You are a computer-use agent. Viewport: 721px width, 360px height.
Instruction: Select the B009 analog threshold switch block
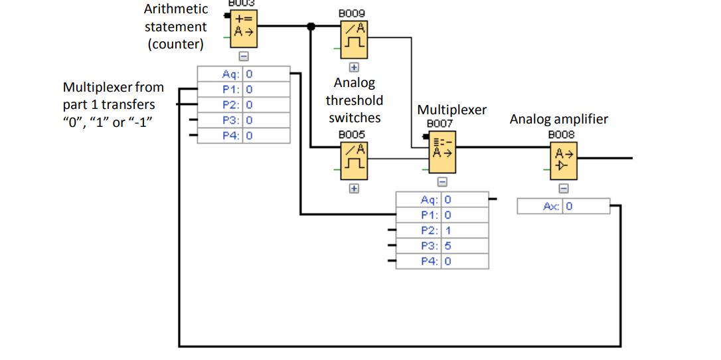354,39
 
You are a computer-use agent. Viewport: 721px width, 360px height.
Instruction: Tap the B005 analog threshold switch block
354,160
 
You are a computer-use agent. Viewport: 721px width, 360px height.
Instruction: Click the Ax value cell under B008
586,207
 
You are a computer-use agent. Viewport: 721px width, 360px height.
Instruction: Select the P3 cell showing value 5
464,246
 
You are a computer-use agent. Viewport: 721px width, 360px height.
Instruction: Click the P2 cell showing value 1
464,230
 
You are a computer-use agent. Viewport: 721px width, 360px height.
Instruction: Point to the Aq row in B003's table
243,74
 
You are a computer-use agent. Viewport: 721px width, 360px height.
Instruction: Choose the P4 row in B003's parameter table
243,135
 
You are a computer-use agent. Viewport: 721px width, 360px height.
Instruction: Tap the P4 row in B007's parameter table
442,261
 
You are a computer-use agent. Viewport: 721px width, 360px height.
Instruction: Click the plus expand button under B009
354,67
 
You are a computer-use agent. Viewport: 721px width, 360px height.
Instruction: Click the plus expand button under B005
354,189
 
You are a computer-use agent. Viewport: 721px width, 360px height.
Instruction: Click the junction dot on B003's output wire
311,27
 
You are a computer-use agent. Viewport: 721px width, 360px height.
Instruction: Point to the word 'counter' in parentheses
176,45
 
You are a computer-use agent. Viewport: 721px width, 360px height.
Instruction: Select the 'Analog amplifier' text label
558,120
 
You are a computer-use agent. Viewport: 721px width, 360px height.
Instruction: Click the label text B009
351,13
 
